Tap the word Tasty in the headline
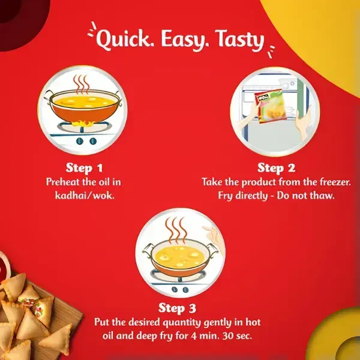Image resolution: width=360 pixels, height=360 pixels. coord(239,40)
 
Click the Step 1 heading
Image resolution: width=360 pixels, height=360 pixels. coord(84,168)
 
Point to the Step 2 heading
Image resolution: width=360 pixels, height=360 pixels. coord(276,168)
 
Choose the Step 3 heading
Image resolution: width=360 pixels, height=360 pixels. coord(177,308)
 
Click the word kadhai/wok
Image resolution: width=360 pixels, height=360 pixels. coord(85,196)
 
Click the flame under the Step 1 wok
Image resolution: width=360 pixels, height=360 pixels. coord(82,124)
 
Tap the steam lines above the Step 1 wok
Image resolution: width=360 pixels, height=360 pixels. coord(81,84)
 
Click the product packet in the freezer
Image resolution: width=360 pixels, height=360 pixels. coord(271,106)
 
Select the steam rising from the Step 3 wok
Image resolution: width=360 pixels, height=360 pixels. coord(176,230)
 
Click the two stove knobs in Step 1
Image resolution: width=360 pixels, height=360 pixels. coord(86,141)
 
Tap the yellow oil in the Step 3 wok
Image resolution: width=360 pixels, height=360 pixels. coord(178,256)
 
